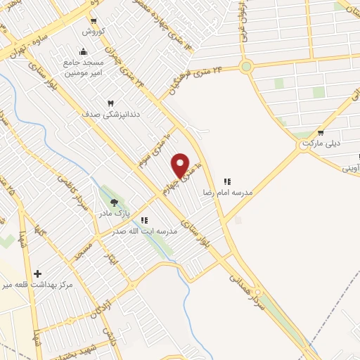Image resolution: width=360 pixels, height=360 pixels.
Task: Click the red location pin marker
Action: [181, 165]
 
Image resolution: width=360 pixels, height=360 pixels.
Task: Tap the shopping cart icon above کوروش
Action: [94, 22]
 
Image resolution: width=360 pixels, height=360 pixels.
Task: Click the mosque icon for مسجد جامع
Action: [84, 51]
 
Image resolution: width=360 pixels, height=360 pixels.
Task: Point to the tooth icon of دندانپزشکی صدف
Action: [108, 103]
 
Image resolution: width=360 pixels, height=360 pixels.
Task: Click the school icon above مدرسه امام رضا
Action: [227, 181]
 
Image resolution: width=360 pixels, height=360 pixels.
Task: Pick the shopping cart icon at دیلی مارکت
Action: [321, 132]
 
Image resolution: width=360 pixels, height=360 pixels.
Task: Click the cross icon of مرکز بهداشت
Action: [37, 274]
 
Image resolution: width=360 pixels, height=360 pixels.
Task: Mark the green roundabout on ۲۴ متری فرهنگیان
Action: [246, 67]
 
